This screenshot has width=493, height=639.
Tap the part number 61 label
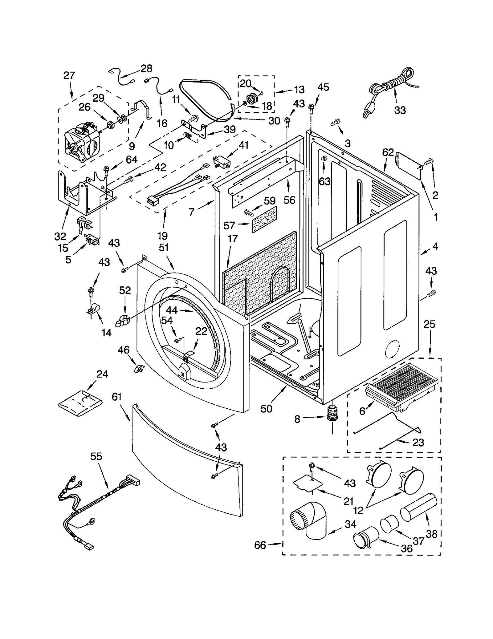point(117,397)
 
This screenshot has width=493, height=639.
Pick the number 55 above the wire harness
point(96,456)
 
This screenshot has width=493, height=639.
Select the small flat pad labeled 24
point(80,403)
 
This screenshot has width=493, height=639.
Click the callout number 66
point(260,545)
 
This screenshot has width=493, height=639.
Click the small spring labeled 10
point(188,136)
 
